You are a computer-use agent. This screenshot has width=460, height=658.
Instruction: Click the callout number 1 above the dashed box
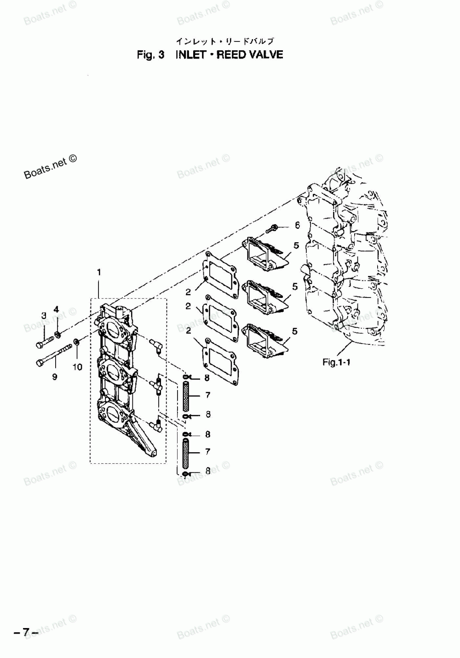(x=98, y=273)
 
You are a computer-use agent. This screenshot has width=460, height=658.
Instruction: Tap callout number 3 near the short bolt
(x=44, y=315)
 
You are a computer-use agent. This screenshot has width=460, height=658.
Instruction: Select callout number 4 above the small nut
(x=57, y=309)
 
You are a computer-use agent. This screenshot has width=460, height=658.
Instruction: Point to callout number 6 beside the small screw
(x=297, y=225)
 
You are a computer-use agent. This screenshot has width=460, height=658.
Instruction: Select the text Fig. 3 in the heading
(x=150, y=55)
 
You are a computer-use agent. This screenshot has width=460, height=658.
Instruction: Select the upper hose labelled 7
(x=186, y=396)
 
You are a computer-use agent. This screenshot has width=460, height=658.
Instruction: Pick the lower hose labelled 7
(x=186, y=454)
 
